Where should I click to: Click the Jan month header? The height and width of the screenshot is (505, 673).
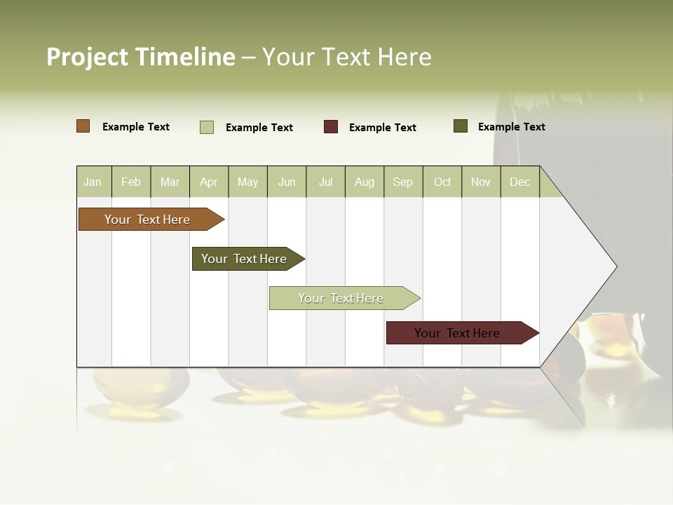click(93, 182)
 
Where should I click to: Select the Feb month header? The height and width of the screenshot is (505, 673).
click(131, 182)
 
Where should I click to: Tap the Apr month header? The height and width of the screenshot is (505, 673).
click(208, 182)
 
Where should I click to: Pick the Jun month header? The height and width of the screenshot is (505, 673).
click(287, 182)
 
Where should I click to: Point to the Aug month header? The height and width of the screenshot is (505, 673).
click(364, 182)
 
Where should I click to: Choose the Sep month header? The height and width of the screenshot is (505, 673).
click(402, 182)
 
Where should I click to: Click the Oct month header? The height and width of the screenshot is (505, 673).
click(442, 182)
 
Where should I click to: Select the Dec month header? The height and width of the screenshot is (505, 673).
click(519, 182)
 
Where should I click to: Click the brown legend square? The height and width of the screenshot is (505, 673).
click(83, 126)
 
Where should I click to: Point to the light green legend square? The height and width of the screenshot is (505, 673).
click(207, 127)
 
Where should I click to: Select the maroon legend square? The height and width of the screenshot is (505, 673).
click(331, 127)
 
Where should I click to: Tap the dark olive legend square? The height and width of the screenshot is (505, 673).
click(461, 126)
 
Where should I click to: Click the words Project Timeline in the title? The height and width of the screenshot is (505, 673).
click(141, 57)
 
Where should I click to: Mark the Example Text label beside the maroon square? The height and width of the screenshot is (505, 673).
click(382, 128)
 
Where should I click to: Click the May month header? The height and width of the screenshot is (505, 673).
click(247, 182)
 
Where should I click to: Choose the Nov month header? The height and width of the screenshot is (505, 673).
click(481, 182)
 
